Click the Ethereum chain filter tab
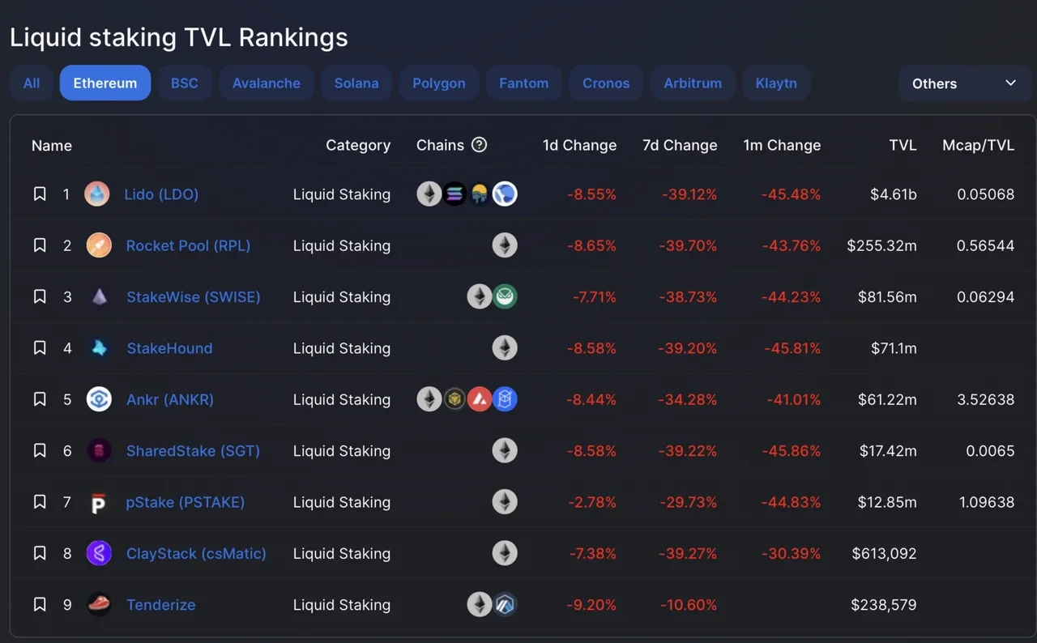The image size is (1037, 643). [x=105, y=83]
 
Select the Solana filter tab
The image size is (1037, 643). [x=356, y=83]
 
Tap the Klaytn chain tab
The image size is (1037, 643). [x=776, y=83]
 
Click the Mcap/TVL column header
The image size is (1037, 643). [x=978, y=146]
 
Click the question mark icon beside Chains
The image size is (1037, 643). [x=480, y=145]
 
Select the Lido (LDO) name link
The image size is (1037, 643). [x=161, y=194]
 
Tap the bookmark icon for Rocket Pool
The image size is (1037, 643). [x=40, y=245]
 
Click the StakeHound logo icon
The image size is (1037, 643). [x=99, y=348]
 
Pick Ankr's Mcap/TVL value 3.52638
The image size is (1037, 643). [x=985, y=399]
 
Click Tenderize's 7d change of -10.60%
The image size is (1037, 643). [x=688, y=605]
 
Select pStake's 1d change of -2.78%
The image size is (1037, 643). [x=592, y=502]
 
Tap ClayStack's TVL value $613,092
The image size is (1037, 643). [x=884, y=554]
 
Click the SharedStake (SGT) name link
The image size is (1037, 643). [x=193, y=451]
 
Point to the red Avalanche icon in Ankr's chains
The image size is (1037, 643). [x=480, y=399]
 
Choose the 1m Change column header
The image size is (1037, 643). [x=782, y=146]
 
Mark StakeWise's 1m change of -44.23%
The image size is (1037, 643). [x=791, y=297]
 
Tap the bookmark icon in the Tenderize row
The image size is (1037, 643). [x=40, y=605]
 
